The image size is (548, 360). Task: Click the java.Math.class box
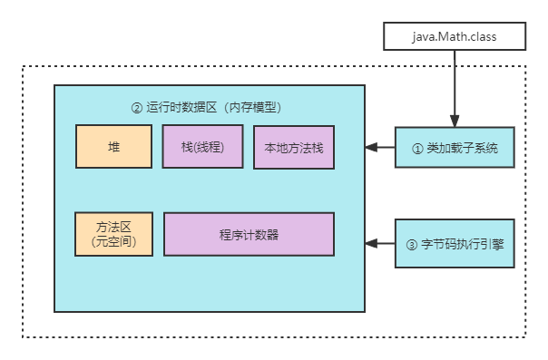tap(455, 37)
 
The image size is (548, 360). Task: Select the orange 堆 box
tap(113, 147)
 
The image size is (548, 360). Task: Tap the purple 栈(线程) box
tap(202, 147)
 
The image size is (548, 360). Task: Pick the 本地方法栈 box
tap(294, 148)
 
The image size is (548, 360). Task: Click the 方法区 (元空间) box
tap(113, 234)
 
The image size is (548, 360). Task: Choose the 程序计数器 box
tap(249, 234)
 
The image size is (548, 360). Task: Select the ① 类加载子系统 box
tap(455, 148)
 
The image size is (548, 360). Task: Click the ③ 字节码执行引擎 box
tap(455, 244)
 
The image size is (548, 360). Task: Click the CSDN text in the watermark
tap(389, 345)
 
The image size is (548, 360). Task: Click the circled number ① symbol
tap(418, 148)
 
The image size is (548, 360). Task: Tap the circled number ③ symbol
tap(412, 244)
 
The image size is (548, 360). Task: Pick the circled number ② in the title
tap(137, 107)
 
